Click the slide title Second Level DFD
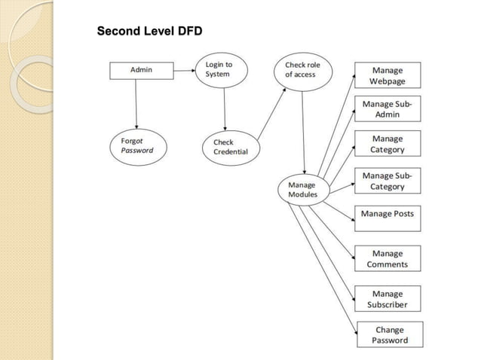[x=149, y=32]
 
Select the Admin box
[x=141, y=70]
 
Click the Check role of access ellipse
[x=303, y=70]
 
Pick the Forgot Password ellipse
[x=137, y=145]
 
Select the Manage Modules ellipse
[x=303, y=190]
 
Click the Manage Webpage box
[x=388, y=76]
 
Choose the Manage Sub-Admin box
[x=388, y=109]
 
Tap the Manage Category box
[x=388, y=144]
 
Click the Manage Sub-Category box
[x=388, y=181]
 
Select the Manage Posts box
[x=388, y=217]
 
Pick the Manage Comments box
[x=388, y=258]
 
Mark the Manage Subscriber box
[x=388, y=299]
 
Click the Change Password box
[x=389, y=334]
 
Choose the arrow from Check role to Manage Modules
[x=303, y=132]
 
